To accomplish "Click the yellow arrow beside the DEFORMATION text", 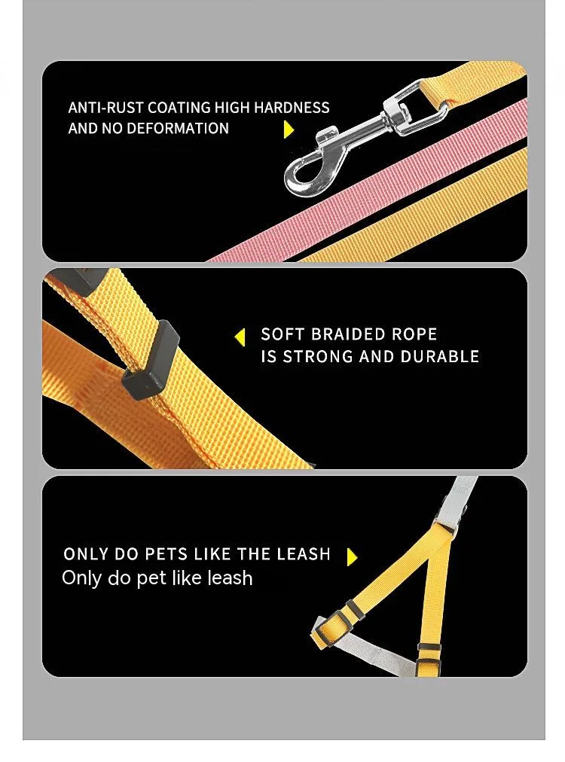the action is click(289, 130).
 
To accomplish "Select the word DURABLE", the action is click(439, 357).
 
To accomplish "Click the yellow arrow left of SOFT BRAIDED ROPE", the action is click(240, 337).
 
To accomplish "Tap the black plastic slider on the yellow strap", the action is click(151, 360).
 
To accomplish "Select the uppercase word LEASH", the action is click(304, 554).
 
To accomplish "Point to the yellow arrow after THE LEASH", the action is click(353, 557).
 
